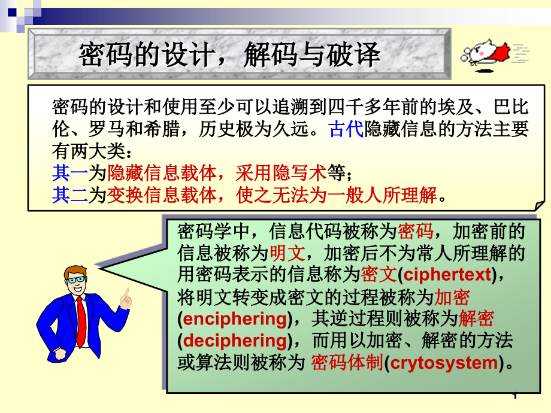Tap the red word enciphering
tap(235, 319)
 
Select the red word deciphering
tap(235, 341)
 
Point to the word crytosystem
tap(444, 363)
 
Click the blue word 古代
tap(346, 129)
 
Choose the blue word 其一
tap(70, 173)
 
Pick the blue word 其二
tap(70, 195)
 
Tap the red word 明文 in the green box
tap(287, 253)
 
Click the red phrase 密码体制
tap(347, 363)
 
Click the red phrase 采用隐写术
tap(281, 173)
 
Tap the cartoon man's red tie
tap(81, 321)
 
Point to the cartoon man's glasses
tap(76, 280)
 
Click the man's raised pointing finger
tap(126, 293)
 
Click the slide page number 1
tap(515, 396)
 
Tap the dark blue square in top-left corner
tap(12, 13)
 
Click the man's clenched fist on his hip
tap(61, 354)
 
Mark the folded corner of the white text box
tap(540, 206)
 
